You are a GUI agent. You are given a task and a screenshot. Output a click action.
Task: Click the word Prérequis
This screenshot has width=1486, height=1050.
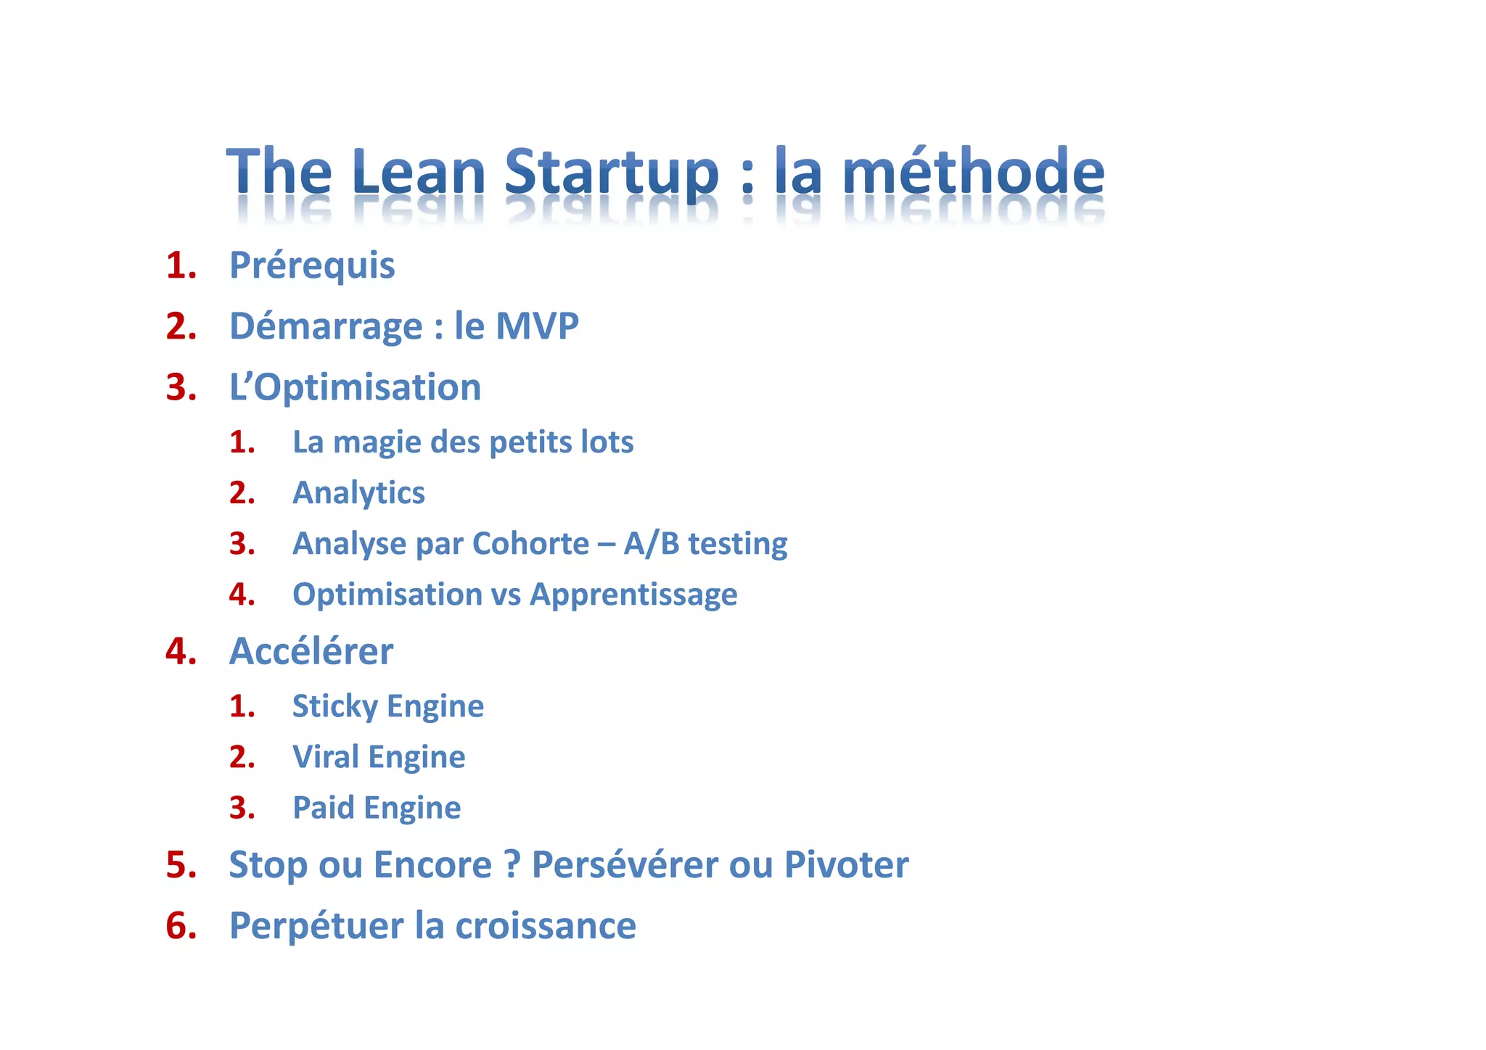click(312, 265)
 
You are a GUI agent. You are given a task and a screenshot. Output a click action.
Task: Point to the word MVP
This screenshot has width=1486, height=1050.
click(537, 326)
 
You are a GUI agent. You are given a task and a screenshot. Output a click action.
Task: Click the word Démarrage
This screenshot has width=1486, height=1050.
click(326, 326)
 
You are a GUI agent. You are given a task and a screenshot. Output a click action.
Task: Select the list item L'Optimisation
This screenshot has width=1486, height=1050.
click(355, 387)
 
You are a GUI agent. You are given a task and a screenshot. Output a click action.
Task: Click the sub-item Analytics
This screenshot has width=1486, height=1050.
click(358, 493)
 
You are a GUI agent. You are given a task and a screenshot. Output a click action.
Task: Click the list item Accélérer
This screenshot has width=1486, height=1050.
click(311, 651)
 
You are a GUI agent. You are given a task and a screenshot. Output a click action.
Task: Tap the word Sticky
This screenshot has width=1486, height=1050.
click(334, 706)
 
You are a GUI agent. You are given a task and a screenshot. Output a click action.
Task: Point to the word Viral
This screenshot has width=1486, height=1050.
click(326, 757)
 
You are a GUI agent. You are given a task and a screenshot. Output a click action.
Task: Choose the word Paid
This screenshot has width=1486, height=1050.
click(323, 808)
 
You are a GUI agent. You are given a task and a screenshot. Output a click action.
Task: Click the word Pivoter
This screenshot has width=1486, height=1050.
click(846, 864)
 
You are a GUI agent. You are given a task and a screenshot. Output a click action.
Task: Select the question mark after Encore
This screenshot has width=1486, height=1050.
click(512, 864)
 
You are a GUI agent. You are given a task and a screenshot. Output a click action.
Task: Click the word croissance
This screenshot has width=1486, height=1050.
click(545, 926)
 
